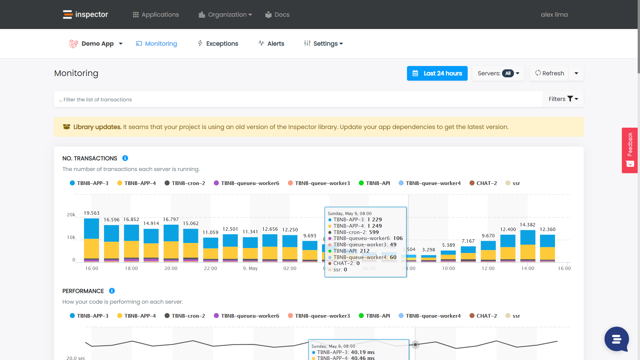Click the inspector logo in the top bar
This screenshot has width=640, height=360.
click(x=85, y=14)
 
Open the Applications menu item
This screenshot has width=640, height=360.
click(x=156, y=15)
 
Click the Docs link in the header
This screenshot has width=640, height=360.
click(x=277, y=15)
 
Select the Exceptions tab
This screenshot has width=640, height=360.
click(x=218, y=44)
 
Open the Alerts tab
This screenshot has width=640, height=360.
click(x=271, y=44)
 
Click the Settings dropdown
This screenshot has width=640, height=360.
click(x=324, y=44)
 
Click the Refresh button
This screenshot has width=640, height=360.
click(x=550, y=73)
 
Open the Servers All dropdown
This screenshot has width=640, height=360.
click(x=498, y=73)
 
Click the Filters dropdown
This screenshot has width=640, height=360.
click(x=563, y=99)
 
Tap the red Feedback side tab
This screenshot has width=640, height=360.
click(x=630, y=150)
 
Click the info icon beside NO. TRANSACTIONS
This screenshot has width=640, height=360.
click(x=125, y=158)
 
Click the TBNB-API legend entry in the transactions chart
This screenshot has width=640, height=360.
click(x=374, y=183)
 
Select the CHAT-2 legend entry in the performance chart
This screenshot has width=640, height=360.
click(x=483, y=316)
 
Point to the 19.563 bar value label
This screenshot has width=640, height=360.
click(x=91, y=213)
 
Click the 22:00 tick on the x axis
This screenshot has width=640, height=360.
click(x=210, y=268)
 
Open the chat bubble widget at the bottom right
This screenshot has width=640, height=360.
click(x=616, y=339)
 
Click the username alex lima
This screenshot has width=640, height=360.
click(x=554, y=15)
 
